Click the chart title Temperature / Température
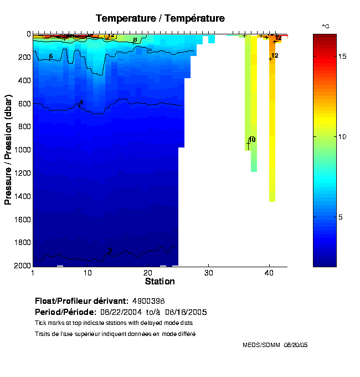point(160,18)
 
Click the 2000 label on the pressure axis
point(22,266)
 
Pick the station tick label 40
point(269,273)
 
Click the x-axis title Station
point(160,282)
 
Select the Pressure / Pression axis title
point(8,150)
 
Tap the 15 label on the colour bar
point(343,57)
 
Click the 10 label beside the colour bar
point(343,136)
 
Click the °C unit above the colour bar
point(326,26)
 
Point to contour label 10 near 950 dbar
point(252,140)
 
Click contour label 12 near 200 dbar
point(275,55)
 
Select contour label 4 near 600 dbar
point(81,103)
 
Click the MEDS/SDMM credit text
point(262,345)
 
